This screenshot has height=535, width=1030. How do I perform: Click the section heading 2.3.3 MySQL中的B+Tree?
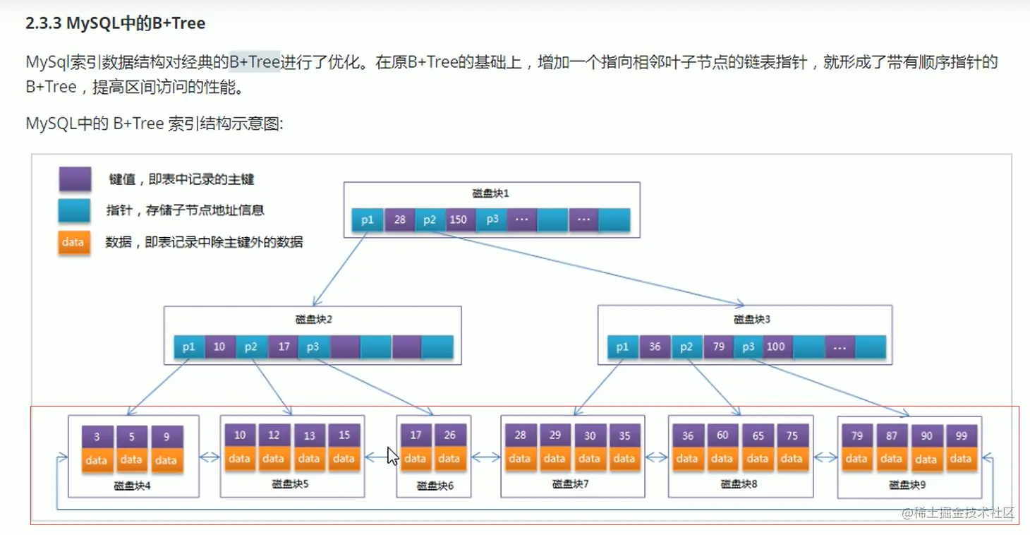pos(115,23)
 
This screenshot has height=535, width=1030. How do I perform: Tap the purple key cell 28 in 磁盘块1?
pos(400,220)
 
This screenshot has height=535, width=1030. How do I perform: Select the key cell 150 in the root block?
pos(458,220)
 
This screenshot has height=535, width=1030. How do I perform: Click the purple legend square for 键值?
pos(75,179)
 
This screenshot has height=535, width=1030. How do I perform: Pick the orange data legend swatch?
pos(73,242)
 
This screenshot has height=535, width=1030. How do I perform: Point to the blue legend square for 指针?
pos(75,210)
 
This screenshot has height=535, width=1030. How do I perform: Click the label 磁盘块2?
pos(313,319)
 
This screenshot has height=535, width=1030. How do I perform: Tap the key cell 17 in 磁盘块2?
pos(284,347)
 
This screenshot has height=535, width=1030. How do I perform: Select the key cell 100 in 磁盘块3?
pos(775,347)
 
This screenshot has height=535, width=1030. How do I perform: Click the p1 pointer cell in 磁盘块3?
pos(622,347)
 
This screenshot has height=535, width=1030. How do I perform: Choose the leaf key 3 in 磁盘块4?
pos(97,437)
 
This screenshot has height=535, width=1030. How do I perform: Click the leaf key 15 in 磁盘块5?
pos(344,435)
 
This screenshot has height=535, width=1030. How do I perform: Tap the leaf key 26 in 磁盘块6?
pos(449,435)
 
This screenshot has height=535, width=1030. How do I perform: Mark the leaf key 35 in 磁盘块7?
pos(624,435)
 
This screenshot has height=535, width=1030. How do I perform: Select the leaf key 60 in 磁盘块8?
pos(722,435)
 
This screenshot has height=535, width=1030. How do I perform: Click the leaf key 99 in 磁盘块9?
pos(961,436)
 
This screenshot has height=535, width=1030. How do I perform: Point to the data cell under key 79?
pos(856,459)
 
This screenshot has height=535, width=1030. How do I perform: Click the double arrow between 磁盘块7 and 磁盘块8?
pos(656,457)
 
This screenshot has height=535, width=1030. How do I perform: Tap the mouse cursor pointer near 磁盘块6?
pos(392,455)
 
